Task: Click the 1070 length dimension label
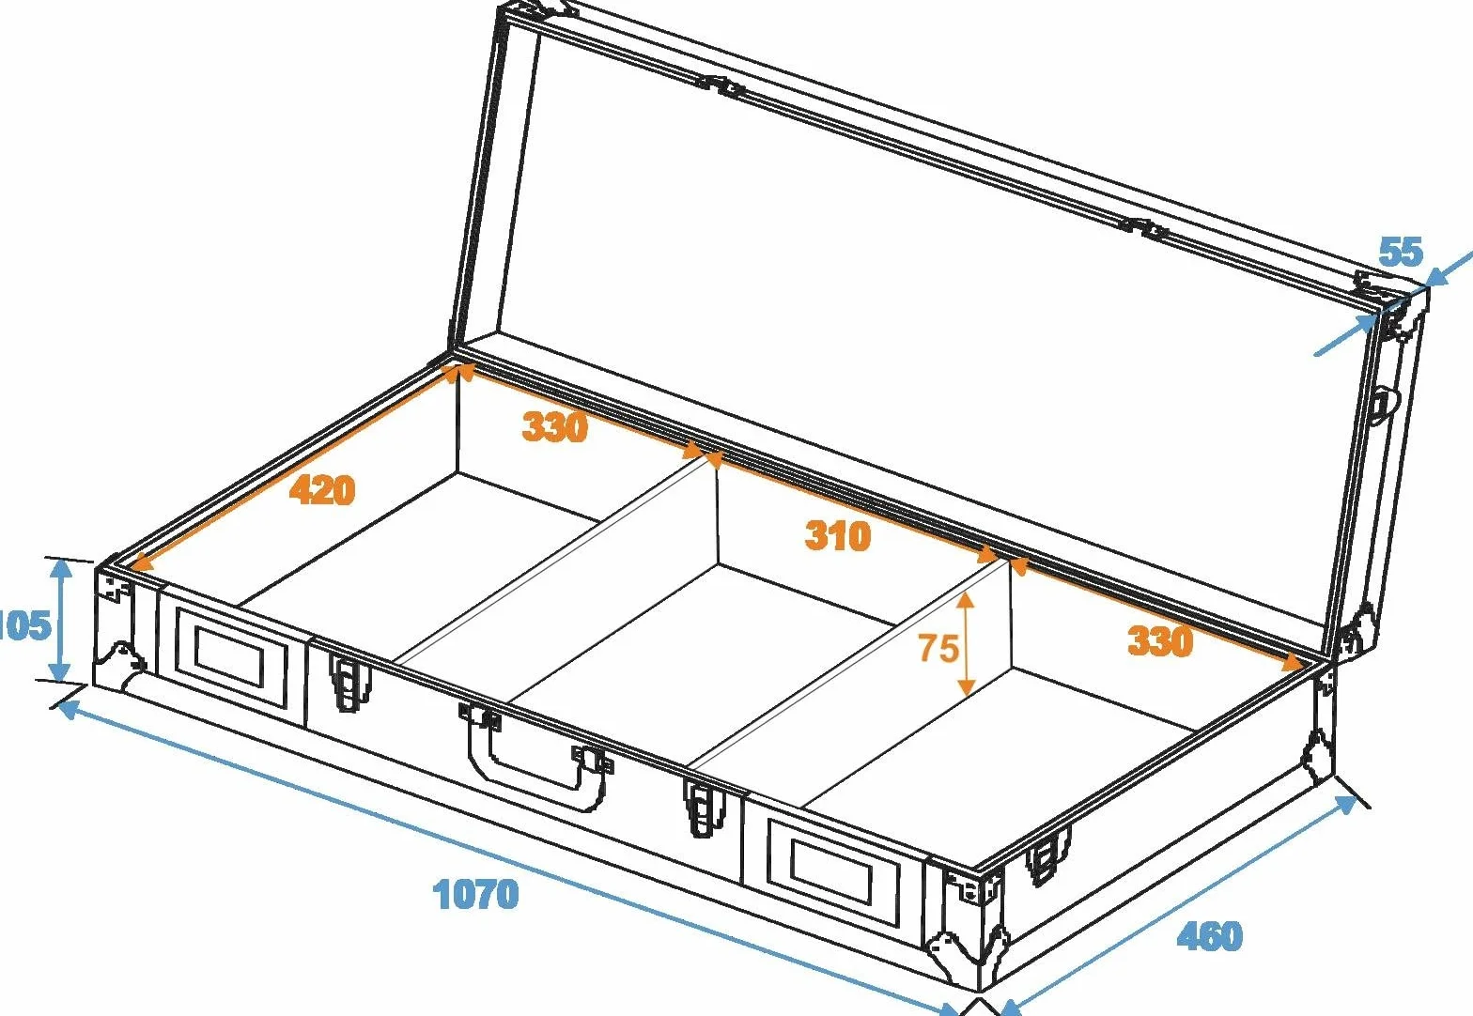[x=475, y=894]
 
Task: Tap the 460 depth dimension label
[x=1210, y=936]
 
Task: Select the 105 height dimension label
[x=24, y=624]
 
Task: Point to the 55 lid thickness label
[x=1401, y=251]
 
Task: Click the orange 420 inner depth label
[x=322, y=489]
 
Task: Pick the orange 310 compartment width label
[x=838, y=535]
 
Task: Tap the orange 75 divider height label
[x=938, y=647]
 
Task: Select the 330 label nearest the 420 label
[x=554, y=426]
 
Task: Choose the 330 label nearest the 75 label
[x=1160, y=640]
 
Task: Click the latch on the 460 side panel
[x=1047, y=855]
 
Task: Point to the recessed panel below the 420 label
[x=230, y=658]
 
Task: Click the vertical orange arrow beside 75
[x=966, y=642]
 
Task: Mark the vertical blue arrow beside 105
[x=60, y=621]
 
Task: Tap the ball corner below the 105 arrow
[x=121, y=665]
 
